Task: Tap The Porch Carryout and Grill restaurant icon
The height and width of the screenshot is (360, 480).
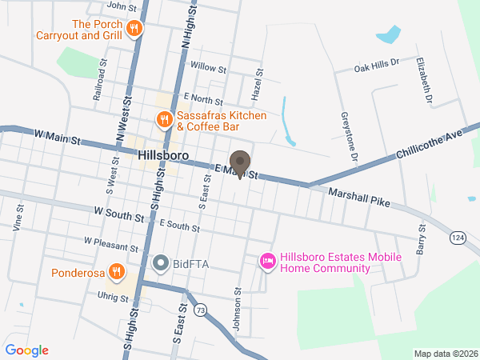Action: pyautogui.click(x=134, y=29)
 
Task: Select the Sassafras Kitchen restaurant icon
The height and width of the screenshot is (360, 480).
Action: pyautogui.click(x=163, y=120)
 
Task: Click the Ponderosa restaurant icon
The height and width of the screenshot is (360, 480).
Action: pyautogui.click(x=117, y=272)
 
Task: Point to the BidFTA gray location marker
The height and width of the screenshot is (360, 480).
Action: pyautogui.click(x=160, y=262)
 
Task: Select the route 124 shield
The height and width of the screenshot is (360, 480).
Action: pyautogui.click(x=457, y=238)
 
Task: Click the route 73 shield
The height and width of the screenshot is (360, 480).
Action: pyautogui.click(x=199, y=310)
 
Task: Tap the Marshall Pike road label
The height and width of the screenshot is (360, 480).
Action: pyautogui.click(x=359, y=197)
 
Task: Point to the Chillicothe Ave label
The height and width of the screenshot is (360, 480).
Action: pyautogui.click(x=429, y=144)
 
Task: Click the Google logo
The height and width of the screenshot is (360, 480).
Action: pyautogui.click(x=26, y=350)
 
